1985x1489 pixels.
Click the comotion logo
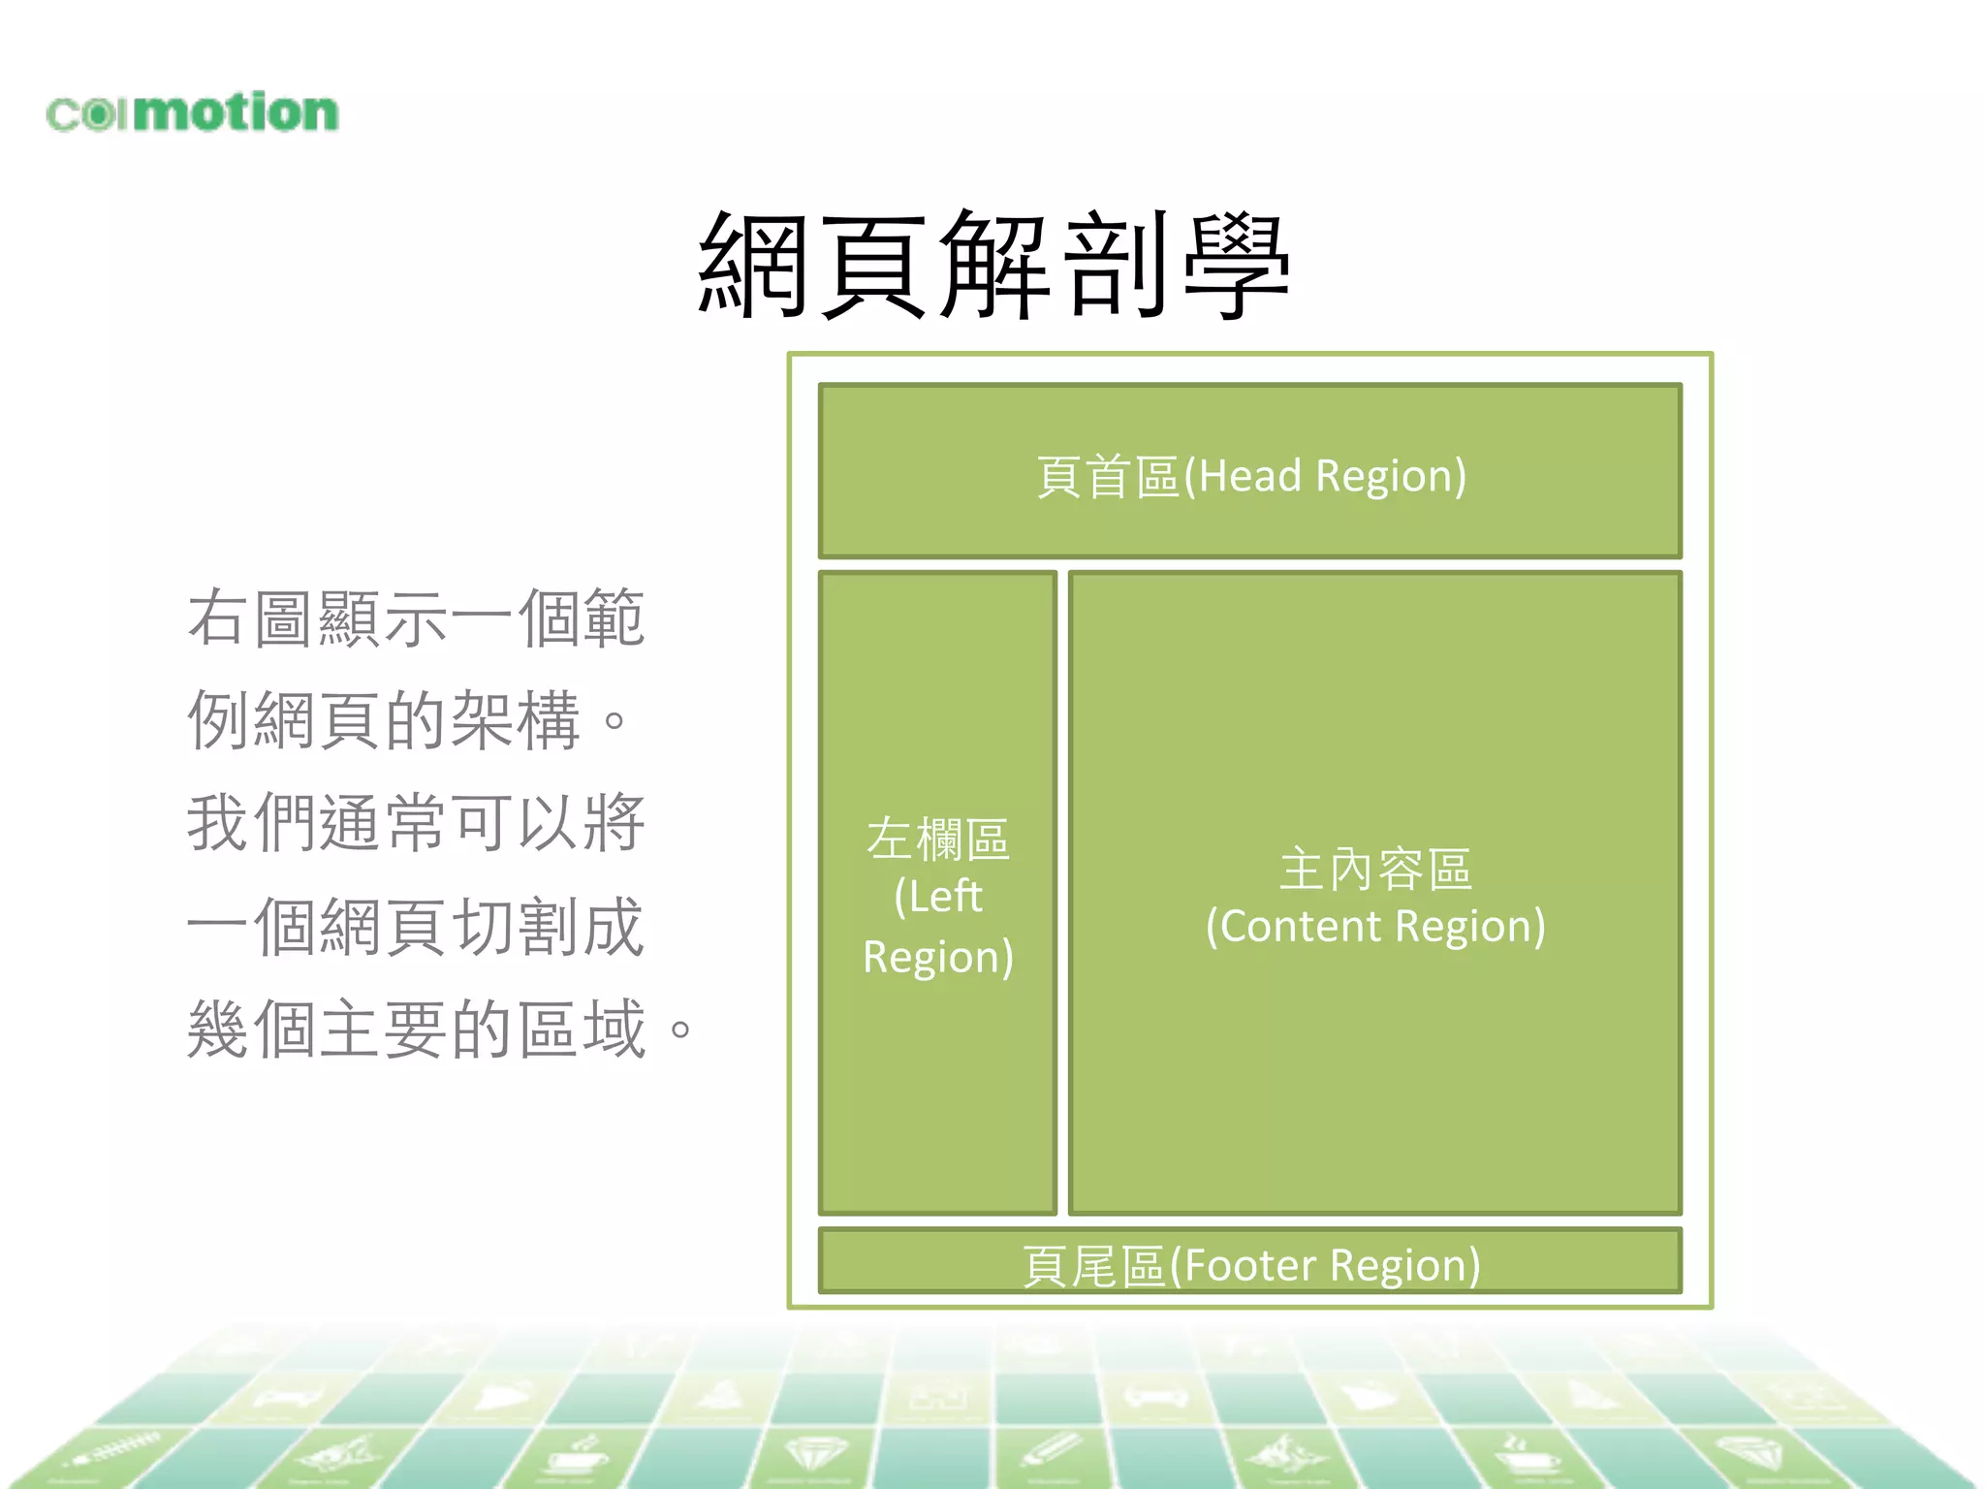[x=192, y=112]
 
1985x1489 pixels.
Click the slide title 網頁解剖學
[x=993, y=265]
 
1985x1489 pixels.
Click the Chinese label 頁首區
[x=1108, y=477]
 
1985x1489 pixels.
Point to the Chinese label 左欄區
[x=937, y=839]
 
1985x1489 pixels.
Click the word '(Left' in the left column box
[x=937, y=896]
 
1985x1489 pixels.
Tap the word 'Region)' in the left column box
[x=937, y=957]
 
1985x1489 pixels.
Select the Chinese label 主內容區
[x=1375, y=869]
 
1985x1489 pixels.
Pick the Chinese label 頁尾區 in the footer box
[x=1093, y=1266]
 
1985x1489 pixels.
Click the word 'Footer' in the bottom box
[x=1250, y=1265]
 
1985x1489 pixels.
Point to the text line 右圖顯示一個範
[x=416, y=618]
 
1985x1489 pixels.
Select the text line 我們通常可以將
[x=416, y=823]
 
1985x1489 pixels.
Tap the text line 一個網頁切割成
[x=416, y=927]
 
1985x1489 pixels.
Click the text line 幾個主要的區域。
[x=440, y=1029]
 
